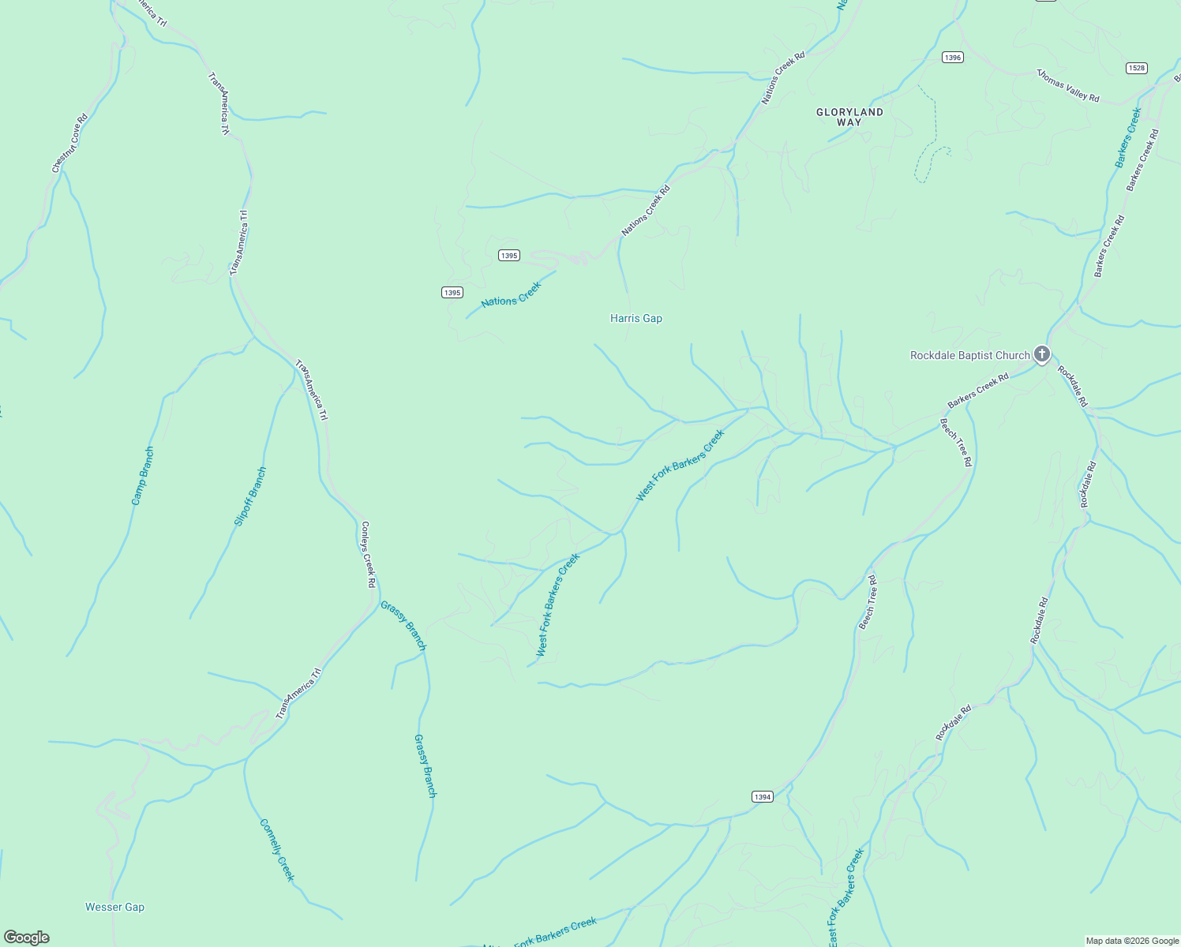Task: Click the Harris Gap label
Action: [x=635, y=319]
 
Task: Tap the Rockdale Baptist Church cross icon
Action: [x=1042, y=354]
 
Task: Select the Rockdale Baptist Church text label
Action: [x=969, y=356]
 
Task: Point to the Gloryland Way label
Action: [x=849, y=117]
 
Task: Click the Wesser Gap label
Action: [x=114, y=908]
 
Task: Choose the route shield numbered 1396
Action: [x=953, y=58]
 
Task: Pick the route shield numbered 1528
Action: [x=1136, y=68]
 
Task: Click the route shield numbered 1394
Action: [x=762, y=797]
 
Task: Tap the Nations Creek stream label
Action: [x=511, y=294]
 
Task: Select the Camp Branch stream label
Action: [x=143, y=476]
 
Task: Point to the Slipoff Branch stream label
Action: [x=250, y=496]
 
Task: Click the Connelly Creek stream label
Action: [x=277, y=850]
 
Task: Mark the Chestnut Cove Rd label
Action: [x=69, y=143]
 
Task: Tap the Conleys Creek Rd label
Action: [x=368, y=554]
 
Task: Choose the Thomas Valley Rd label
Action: [x=1068, y=85]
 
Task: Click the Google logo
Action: [x=27, y=938]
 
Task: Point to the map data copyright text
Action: [x=1131, y=941]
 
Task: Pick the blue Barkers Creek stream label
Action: [x=1128, y=137]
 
